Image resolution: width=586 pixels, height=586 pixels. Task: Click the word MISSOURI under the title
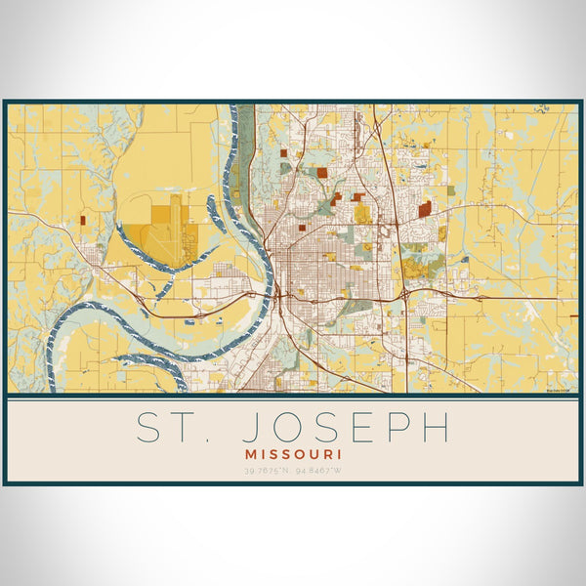[292, 454]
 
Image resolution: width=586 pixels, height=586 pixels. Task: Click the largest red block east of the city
[424, 209]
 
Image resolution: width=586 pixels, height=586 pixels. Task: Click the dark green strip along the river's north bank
[246, 146]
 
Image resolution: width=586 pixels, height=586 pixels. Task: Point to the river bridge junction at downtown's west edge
[278, 293]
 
